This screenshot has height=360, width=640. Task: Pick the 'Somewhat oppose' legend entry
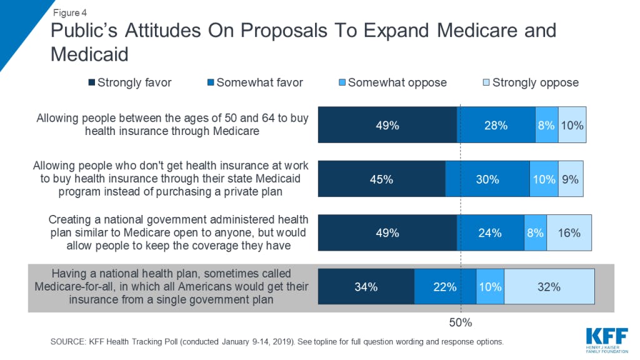[x=392, y=82]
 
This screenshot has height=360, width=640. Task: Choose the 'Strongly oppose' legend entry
[x=531, y=82]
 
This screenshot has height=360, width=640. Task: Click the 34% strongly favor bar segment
[x=366, y=287]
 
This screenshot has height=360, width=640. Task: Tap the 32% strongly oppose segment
[x=549, y=287]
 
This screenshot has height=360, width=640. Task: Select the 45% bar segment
[x=381, y=179]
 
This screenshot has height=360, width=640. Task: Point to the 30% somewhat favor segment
[x=487, y=179]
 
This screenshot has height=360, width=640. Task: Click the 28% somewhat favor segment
[x=496, y=125]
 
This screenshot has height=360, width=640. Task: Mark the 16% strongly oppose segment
[x=569, y=233]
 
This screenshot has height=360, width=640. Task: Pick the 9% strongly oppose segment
[x=569, y=179]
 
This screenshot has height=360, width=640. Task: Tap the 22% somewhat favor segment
[x=445, y=287]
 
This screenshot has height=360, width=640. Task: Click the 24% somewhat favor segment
[x=491, y=233]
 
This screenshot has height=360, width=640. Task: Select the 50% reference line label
[x=461, y=322]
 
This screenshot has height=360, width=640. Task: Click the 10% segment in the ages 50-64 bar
[x=572, y=125]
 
